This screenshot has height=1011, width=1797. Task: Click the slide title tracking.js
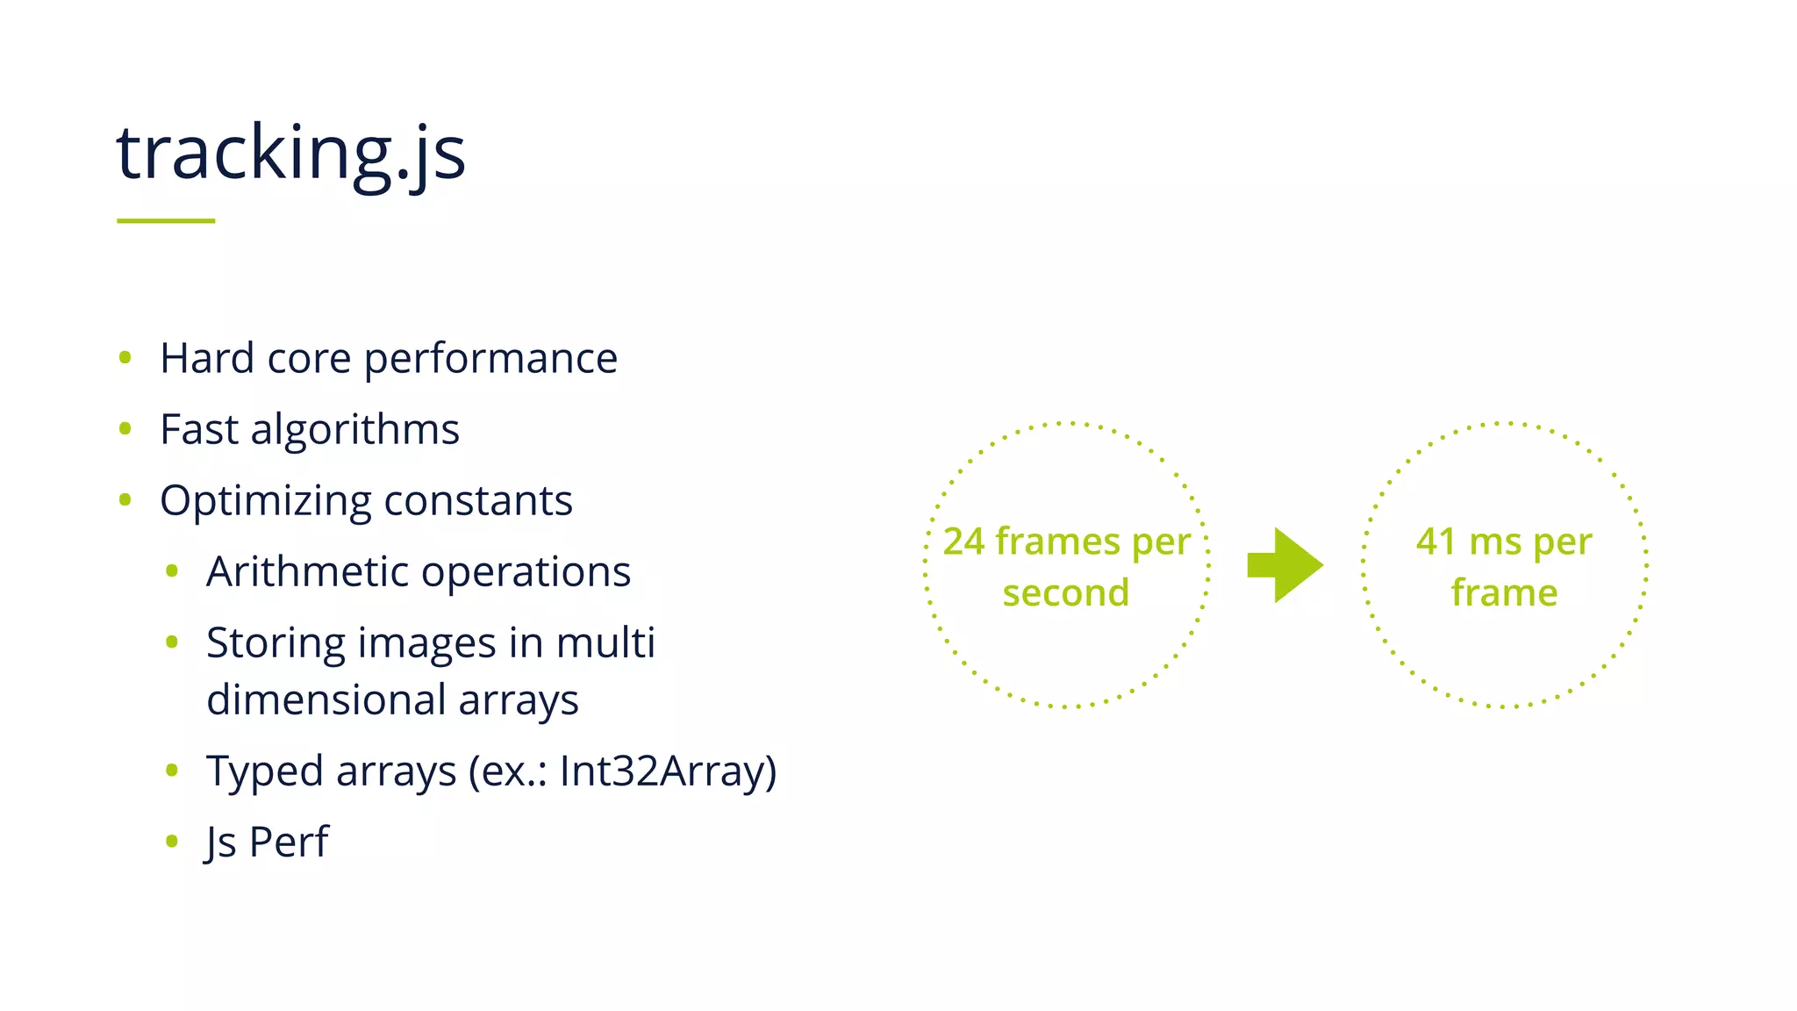tap(290, 154)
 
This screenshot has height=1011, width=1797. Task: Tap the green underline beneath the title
tap(166, 220)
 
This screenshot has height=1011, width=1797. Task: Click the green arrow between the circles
tap(1285, 565)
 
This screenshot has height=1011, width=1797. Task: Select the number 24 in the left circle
tap(963, 541)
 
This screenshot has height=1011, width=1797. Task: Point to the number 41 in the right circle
tap(1435, 541)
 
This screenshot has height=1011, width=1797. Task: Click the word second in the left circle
tap(1066, 593)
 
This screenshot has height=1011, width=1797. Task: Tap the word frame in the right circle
tap(1504, 593)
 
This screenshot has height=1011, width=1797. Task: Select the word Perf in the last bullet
tap(289, 842)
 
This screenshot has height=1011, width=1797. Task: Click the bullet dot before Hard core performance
tap(125, 357)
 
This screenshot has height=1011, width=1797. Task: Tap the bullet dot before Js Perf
tap(172, 842)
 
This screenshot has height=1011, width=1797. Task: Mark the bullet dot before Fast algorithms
tap(125, 429)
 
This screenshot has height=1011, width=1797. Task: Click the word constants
tap(478, 501)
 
